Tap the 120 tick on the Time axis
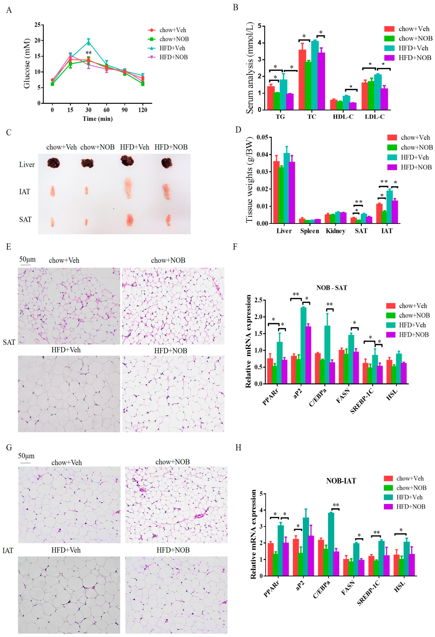point(142,110)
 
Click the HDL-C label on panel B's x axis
point(343,117)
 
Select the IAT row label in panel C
point(25,192)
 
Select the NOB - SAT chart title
point(331,288)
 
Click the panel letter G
point(9,448)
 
